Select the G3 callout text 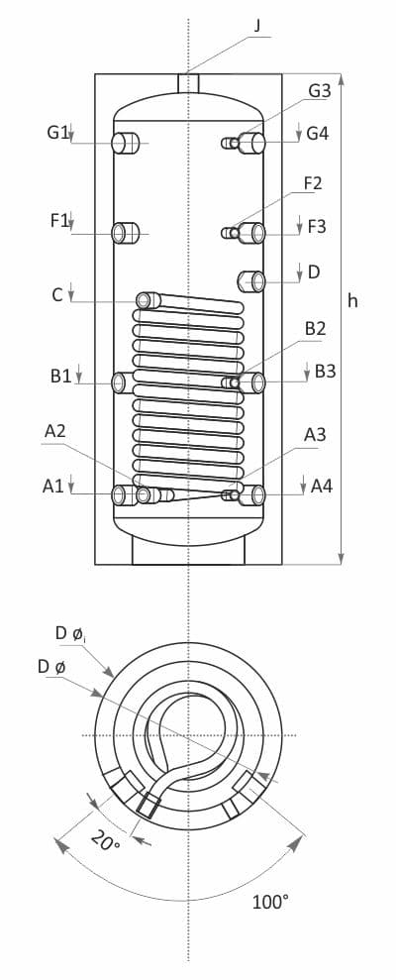coord(319,90)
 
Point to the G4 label coord(318,133)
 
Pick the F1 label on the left coord(59,221)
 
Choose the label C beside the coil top coord(57,294)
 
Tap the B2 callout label coord(315,329)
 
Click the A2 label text coord(55,431)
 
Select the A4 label coord(321,486)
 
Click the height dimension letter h coord(352,300)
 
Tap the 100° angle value coord(270,902)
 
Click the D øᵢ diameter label coord(70,633)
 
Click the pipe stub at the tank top coord(188,83)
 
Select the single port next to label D coord(251,281)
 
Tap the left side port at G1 coord(125,143)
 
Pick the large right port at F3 coord(253,233)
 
